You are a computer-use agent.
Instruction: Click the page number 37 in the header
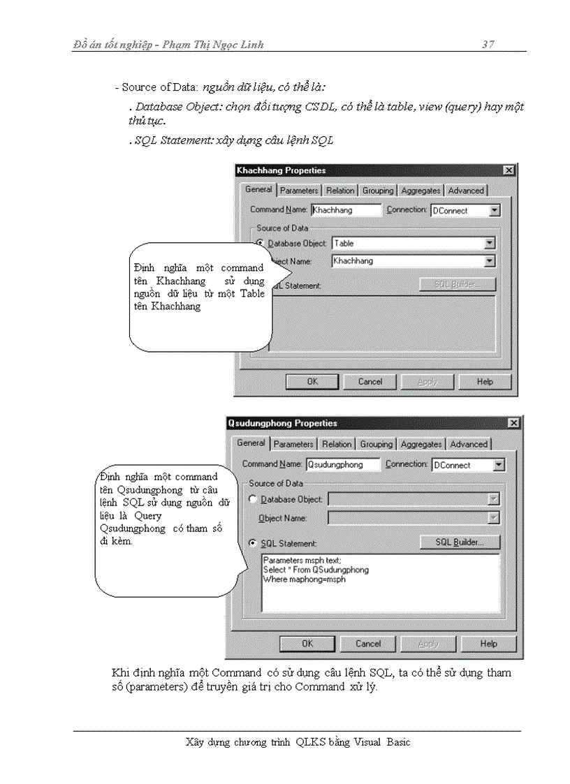point(488,45)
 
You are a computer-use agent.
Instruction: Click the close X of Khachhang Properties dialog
point(509,170)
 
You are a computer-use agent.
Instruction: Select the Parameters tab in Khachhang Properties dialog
point(299,191)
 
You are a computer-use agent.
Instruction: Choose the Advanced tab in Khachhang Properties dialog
point(466,191)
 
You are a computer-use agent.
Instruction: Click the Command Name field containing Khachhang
point(346,210)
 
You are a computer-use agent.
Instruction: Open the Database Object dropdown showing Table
point(490,244)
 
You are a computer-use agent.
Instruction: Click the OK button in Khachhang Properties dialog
point(312,382)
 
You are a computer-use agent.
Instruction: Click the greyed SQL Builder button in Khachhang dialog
point(458,285)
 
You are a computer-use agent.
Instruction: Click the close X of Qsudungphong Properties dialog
point(513,423)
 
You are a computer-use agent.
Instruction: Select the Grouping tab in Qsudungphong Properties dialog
point(377,444)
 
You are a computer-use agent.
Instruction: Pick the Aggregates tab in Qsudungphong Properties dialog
point(421,444)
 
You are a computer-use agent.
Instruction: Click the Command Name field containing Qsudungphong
point(342,464)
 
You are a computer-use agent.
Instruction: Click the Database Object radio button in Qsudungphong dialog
point(254,499)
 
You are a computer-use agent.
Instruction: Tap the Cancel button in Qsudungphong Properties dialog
point(368,644)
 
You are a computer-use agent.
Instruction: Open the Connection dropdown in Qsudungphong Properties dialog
point(498,465)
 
